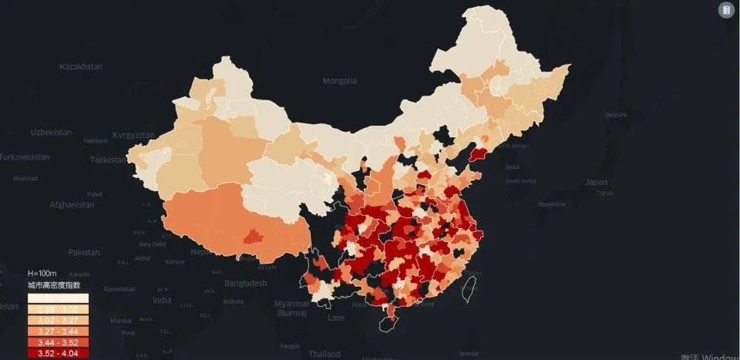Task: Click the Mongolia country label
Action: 339,81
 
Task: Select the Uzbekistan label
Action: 51,132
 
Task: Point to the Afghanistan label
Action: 72,205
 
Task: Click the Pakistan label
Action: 84,252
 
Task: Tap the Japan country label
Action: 596,183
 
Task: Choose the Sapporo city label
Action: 616,115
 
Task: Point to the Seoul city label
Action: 511,167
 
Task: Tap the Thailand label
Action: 325,354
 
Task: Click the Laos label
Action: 336,318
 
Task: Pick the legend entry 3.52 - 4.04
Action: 58,354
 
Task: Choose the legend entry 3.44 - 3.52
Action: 58,342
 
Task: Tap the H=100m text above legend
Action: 43,274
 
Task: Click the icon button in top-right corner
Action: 725,10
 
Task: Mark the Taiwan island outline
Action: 466,289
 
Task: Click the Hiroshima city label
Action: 551,204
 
